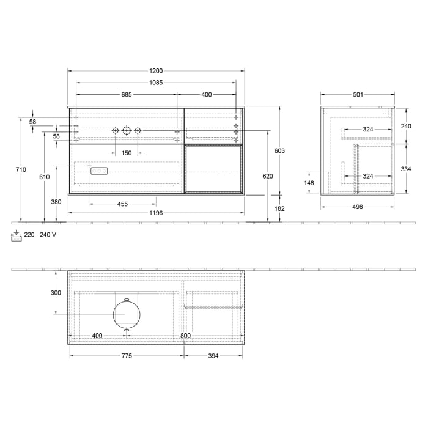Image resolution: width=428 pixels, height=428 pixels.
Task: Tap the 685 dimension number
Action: pyautogui.click(x=127, y=94)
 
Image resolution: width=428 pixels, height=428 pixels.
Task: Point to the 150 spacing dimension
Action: pyautogui.click(x=126, y=153)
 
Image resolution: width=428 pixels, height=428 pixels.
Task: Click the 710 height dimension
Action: pyautogui.click(x=21, y=169)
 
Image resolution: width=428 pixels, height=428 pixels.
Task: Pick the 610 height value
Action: pyautogui.click(x=44, y=177)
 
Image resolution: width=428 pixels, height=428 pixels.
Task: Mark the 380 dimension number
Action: pyautogui.click(x=56, y=202)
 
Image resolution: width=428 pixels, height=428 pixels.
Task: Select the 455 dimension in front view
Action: pyautogui.click(x=122, y=204)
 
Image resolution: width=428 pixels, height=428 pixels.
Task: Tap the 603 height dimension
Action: pyautogui.click(x=279, y=150)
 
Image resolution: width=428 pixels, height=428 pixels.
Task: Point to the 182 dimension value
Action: pyautogui.click(x=279, y=208)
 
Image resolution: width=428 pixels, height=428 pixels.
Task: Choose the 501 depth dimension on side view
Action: pyautogui.click(x=358, y=94)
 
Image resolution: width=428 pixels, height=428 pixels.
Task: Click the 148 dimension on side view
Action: pyautogui.click(x=309, y=182)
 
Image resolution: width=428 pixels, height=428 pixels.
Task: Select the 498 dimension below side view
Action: pyautogui.click(x=358, y=207)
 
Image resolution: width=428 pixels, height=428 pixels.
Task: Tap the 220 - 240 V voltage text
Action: pyautogui.click(x=40, y=235)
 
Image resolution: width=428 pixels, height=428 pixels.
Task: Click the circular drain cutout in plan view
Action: pyautogui.click(x=127, y=314)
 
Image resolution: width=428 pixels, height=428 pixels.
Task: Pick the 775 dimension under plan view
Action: pyautogui.click(x=127, y=356)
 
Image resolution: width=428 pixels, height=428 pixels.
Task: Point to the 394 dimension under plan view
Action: pyautogui.click(x=213, y=356)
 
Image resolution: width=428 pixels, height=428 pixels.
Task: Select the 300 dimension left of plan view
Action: pyautogui.click(x=56, y=293)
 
